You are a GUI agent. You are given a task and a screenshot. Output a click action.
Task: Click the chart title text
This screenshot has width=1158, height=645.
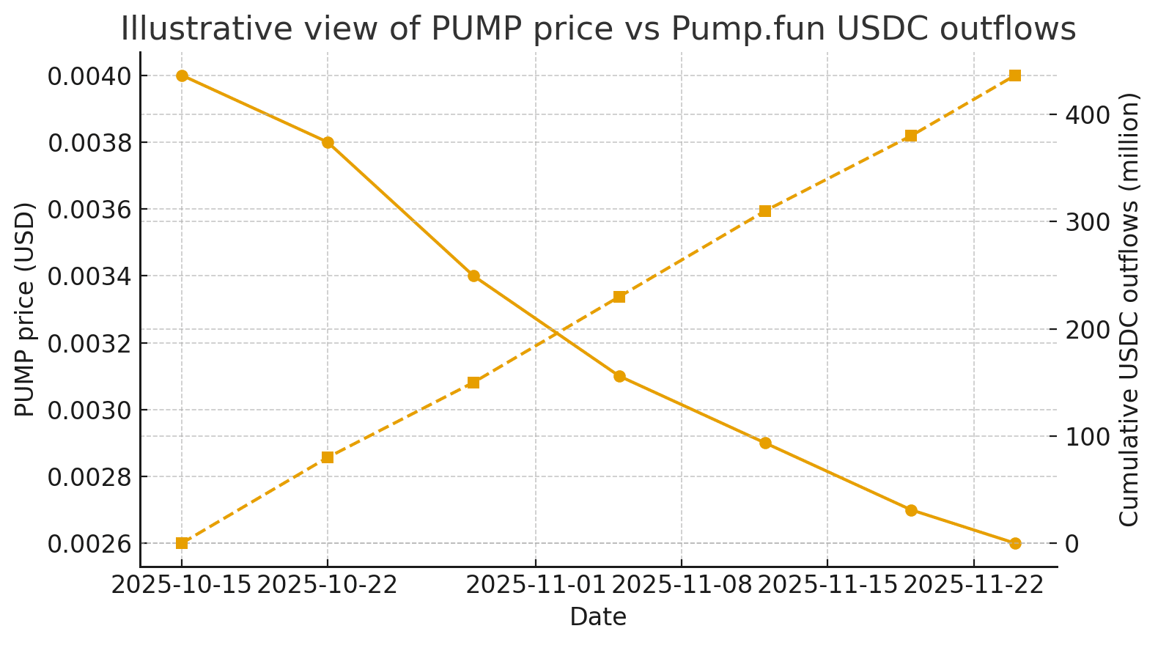598,29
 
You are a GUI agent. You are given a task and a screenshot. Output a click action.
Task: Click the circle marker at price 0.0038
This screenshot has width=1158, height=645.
328,142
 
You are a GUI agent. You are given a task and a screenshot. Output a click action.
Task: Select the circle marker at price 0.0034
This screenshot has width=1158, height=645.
473,276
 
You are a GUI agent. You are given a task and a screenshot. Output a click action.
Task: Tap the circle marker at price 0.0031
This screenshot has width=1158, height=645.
619,376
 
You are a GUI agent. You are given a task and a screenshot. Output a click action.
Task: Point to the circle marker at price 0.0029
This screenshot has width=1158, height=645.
765,443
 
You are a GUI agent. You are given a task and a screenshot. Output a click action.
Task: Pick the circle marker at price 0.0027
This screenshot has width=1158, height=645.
911,510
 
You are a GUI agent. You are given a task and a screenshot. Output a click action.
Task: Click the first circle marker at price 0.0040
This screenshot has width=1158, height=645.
182,75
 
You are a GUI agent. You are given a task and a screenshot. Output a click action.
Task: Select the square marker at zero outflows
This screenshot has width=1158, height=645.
182,543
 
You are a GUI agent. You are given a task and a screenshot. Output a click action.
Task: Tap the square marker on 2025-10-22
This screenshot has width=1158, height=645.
328,457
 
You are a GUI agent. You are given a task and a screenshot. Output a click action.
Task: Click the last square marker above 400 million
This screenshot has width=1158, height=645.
1015,75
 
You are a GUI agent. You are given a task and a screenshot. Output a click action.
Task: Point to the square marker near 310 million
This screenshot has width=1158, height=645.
765,211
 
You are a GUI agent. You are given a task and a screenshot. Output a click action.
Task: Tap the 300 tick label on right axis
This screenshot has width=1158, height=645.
1088,222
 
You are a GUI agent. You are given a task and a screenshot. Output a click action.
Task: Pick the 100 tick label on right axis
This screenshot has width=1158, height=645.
1088,437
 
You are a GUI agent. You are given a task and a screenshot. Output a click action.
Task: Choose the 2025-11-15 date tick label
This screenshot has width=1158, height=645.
827,585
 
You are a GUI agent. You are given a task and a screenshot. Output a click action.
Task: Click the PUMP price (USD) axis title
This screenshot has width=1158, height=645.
25,309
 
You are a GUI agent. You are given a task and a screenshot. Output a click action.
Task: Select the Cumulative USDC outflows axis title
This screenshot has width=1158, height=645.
1130,309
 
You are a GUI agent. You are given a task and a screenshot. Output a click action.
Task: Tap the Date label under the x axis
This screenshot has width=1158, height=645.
598,617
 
